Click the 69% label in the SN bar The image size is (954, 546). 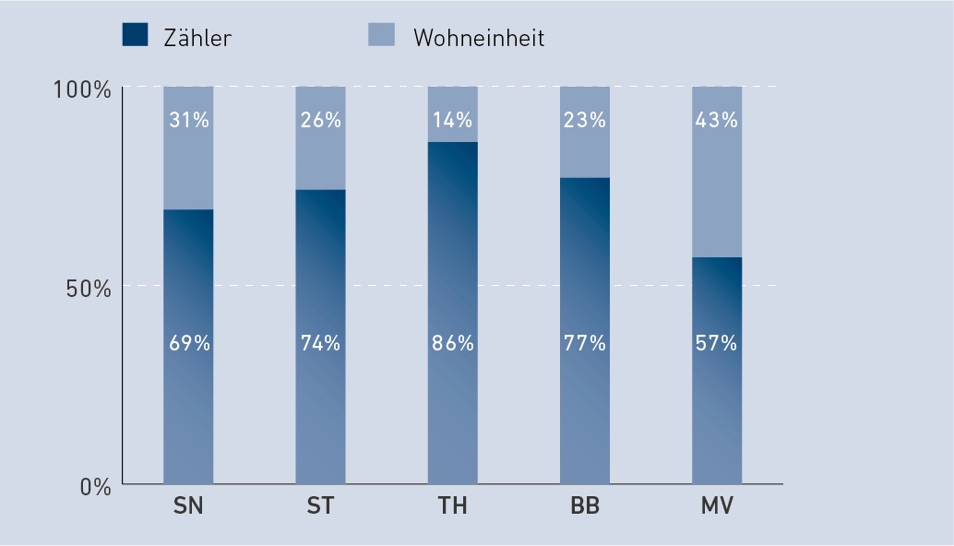point(189,343)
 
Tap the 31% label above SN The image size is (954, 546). point(189,120)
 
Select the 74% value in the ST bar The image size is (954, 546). point(320,343)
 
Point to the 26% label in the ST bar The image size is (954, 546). point(320,120)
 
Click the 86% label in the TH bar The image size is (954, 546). point(453,343)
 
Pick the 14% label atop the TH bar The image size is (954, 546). point(453,120)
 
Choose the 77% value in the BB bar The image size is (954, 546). point(585,343)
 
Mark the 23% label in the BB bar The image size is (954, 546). point(585,120)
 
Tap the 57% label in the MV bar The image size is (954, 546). point(717,343)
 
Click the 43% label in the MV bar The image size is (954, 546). point(717,120)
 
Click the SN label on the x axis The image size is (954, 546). point(188,508)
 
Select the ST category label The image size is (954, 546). point(320,508)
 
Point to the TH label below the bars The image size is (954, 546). point(453,508)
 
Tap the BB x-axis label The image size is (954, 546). point(585,508)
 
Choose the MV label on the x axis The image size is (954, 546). point(717,508)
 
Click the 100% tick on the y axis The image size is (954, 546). point(82,89)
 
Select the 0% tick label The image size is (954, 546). point(95,487)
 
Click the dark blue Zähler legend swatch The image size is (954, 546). point(135,35)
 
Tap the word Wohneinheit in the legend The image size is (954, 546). point(479,38)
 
